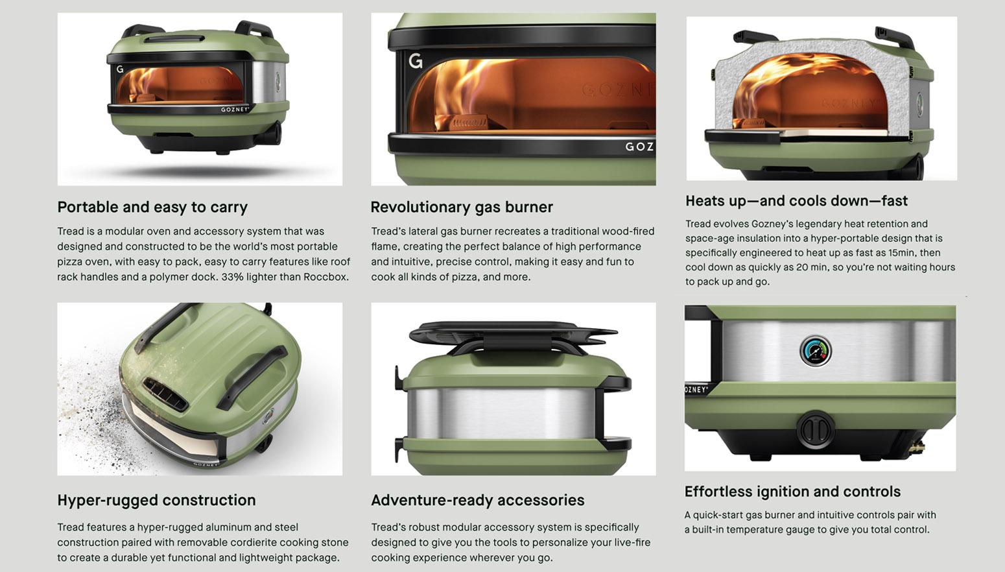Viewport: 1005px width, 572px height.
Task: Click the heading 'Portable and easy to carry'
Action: click(x=152, y=208)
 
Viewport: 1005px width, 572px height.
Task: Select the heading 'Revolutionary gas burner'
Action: click(x=462, y=208)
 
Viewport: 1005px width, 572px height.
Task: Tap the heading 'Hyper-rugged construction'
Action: click(x=156, y=500)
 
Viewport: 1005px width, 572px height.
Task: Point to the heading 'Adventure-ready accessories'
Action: click(x=478, y=500)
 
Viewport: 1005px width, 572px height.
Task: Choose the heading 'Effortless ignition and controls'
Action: click(x=792, y=492)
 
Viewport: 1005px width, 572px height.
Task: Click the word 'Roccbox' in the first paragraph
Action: click(x=325, y=277)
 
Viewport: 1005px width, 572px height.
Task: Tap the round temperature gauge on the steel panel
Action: click(x=816, y=352)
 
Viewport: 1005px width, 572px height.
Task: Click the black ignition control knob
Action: click(x=816, y=429)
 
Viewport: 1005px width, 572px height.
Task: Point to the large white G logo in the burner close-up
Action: click(x=416, y=60)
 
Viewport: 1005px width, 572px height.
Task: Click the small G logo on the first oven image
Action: click(x=120, y=69)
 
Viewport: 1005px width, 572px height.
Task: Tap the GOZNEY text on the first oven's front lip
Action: click(x=235, y=110)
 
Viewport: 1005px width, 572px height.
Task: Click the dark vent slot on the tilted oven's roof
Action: click(x=165, y=393)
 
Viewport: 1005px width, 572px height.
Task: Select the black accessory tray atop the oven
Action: click(x=513, y=333)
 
